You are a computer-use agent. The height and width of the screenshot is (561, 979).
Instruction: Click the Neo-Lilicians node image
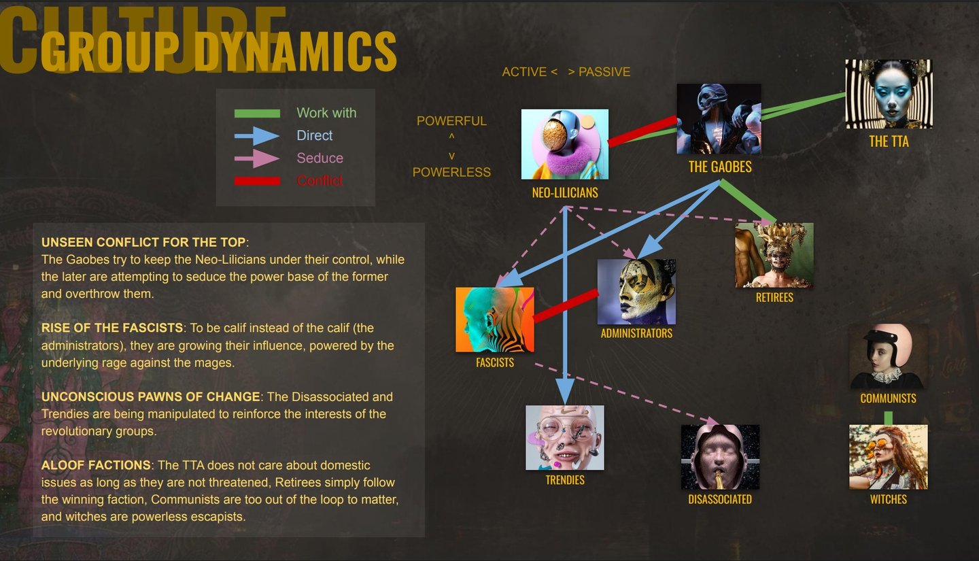(x=564, y=144)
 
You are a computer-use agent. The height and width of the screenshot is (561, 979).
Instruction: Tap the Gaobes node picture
(x=719, y=119)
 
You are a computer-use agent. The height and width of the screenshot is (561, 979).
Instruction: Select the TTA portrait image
(x=889, y=94)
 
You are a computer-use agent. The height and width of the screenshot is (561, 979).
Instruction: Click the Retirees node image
(x=774, y=255)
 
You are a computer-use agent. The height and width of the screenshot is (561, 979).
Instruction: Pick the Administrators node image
(x=636, y=291)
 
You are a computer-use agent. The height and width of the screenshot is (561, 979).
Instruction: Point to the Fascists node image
(x=495, y=320)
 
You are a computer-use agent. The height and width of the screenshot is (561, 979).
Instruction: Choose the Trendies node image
(x=564, y=438)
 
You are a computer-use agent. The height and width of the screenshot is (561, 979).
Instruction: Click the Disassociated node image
(x=720, y=457)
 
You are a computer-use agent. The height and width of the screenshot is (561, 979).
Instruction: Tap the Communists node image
(x=888, y=356)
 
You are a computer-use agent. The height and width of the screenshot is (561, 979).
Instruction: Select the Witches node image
(x=888, y=457)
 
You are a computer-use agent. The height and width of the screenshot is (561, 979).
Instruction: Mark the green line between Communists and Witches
(x=888, y=418)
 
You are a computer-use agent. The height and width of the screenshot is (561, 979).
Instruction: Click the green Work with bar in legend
(x=257, y=114)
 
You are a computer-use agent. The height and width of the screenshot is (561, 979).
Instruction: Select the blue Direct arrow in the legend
(x=257, y=136)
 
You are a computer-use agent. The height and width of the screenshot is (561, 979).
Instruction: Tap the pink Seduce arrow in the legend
(x=257, y=158)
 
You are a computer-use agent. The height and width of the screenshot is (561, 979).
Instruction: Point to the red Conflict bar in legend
(x=257, y=181)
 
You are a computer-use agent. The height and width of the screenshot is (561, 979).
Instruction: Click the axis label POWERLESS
(x=451, y=173)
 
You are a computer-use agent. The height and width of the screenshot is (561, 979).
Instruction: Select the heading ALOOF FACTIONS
(x=96, y=465)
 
